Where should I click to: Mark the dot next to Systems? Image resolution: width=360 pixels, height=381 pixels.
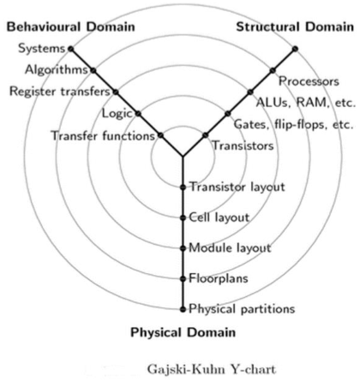tap(70, 48)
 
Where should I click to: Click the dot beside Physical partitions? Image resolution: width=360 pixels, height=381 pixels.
tap(183, 308)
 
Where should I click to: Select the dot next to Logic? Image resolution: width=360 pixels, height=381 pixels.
tap(138, 113)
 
